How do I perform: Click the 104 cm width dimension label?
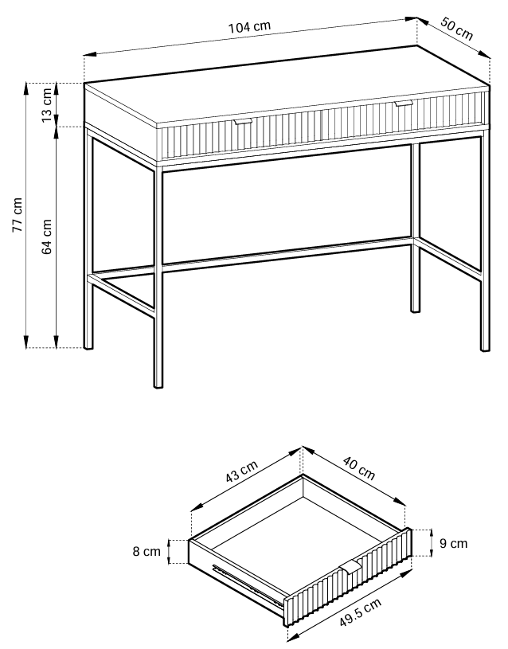(x=250, y=27)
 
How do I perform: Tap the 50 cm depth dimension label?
(x=456, y=29)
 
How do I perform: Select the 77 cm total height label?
(x=18, y=215)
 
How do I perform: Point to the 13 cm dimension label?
(x=47, y=105)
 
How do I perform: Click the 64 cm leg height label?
(x=47, y=237)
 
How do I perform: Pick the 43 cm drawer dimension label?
(x=242, y=471)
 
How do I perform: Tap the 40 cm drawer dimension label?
(x=359, y=468)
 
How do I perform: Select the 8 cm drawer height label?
(x=147, y=552)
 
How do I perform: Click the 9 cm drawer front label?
(x=453, y=543)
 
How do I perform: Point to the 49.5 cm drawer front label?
(x=360, y=612)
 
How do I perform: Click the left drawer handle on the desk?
(x=242, y=122)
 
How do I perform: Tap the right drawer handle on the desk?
(x=403, y=103)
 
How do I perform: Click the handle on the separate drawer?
(x=350, y=567)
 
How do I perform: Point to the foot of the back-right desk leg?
(x=415, y=310)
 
